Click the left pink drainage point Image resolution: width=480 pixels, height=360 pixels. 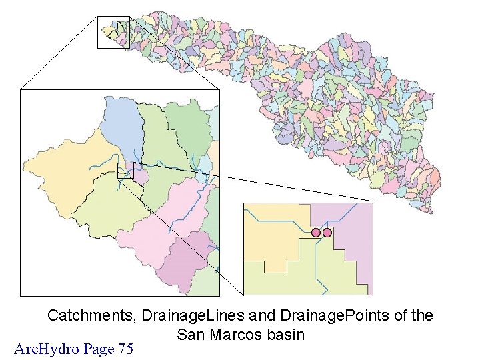pyautogui.click(x=316, y=232)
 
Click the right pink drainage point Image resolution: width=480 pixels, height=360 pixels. pyautogui.click(x=327, y=232)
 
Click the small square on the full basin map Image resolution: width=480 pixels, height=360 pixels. pyautogui.click(x=113, y=32)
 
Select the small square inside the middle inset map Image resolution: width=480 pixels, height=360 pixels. pyautogui.click(x=125, y=170)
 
